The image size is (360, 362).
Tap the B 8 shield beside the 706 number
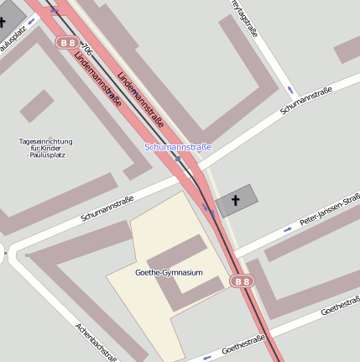point(66,41)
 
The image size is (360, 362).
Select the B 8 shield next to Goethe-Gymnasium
point(242,281)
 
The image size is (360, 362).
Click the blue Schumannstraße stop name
point(178,147)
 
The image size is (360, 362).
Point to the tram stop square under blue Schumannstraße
point(177,157)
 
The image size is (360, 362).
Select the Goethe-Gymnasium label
point(169,273)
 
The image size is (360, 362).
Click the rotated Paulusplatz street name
point(15,37)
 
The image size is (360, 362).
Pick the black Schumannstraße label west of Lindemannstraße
point(107,207)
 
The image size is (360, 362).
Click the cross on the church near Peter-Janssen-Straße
point(237,200)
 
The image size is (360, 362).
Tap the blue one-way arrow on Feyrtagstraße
point(290,90)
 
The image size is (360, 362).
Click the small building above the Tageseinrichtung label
point(37,104)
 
